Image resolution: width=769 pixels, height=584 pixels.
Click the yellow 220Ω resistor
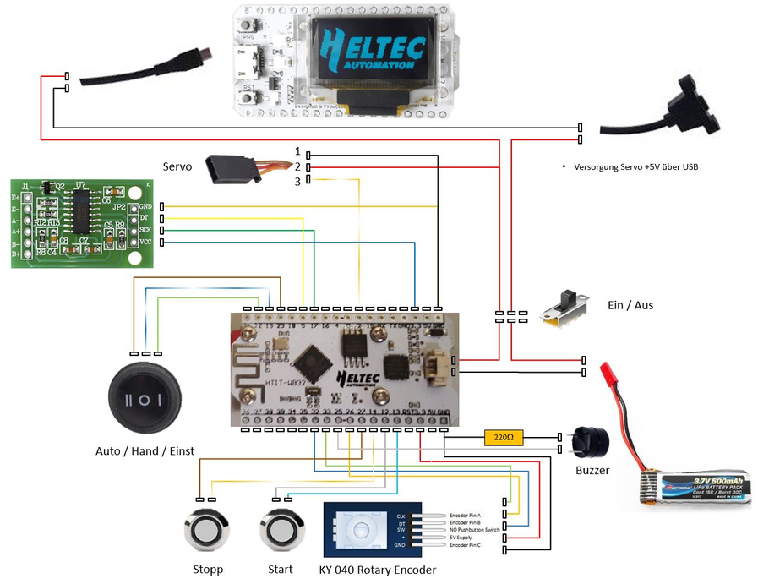click(x=505, y=438)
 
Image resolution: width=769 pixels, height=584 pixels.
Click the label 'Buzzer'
click(x=592, y=471)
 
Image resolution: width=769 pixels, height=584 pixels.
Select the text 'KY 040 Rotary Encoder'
click(x=378, y=570)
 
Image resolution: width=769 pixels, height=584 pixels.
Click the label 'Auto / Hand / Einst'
click(x=145, y=451)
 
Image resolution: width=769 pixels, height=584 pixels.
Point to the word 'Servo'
click(x=177, y=167)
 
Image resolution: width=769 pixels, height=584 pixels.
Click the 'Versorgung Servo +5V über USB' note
click(x=635, y=167)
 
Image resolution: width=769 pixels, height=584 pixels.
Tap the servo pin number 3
click(x=297, y=182)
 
